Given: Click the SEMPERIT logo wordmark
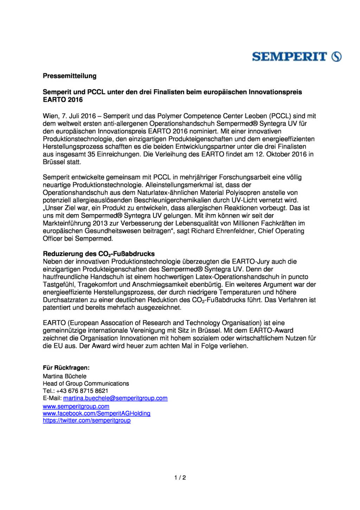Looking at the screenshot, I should tap(289, 57).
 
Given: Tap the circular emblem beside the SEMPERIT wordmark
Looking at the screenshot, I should tap(336, 57).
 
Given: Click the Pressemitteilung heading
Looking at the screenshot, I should tap(70, 76).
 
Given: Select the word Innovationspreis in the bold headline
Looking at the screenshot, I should tap(275, 92).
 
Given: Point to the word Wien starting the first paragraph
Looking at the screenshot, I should tap(51, 116).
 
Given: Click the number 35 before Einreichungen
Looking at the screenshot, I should tap(91, 154).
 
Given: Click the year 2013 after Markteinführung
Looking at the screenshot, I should tap(100, 223).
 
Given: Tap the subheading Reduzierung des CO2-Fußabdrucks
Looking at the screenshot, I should tap(99, 254).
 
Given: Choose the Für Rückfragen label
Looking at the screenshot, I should tap(66, 368).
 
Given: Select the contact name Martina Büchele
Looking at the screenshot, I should tap(65, 376).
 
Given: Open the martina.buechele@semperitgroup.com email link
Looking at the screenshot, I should tap(115, 398).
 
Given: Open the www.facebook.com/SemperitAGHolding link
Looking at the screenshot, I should tap(97, 414).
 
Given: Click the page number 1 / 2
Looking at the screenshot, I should tap(180, 478).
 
